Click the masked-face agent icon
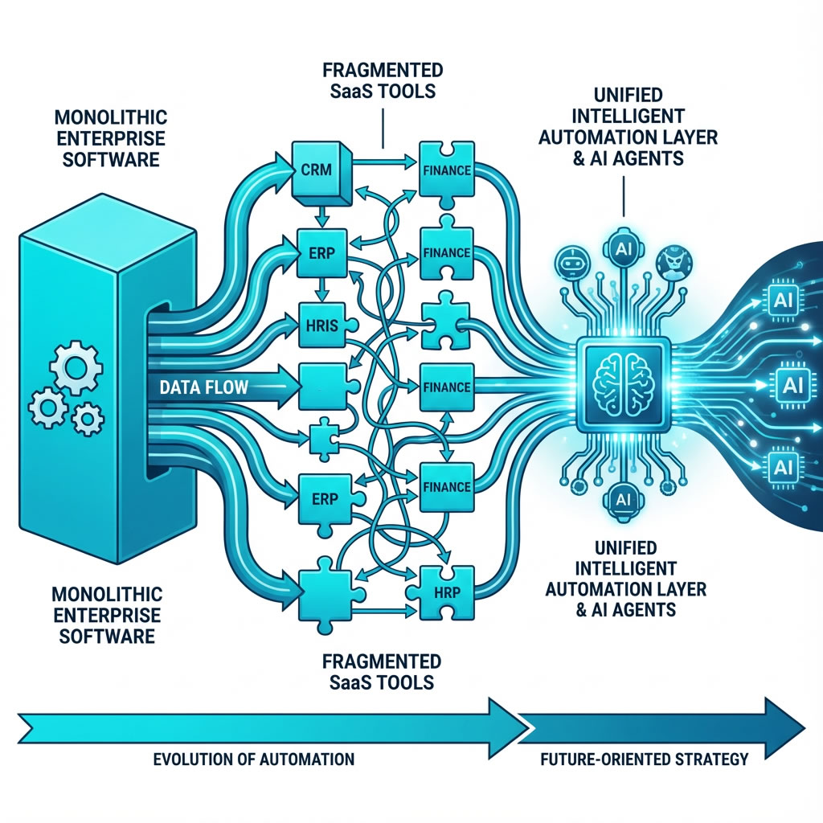coord(674,262)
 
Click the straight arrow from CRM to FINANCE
coord(381,166)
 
